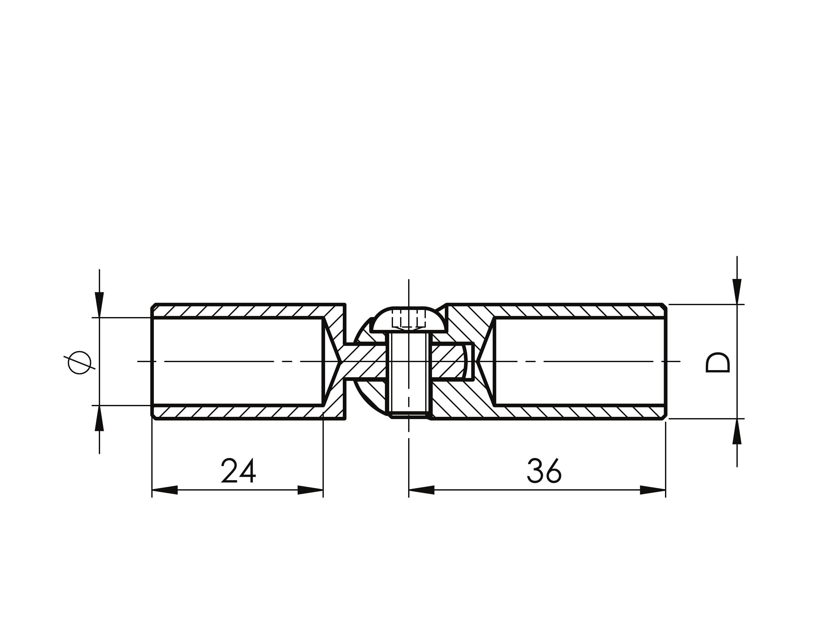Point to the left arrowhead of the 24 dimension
point(165,490)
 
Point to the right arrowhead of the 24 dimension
point(310,490)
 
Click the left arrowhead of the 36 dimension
point(422,490)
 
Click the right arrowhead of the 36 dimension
point(653,490)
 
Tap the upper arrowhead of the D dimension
point(737,292)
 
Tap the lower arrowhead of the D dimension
point(737,431)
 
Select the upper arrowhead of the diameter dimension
point(99,305)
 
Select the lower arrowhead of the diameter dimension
point(99,417)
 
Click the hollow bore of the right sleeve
point(580,361)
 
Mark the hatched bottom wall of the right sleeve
point(580,412)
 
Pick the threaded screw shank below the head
point(409,375)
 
